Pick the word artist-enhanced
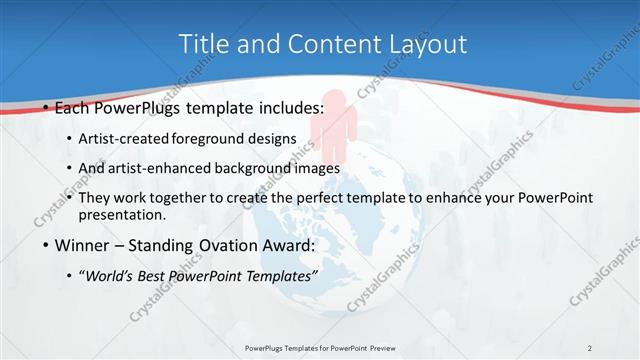[x=162, y=168]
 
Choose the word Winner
[x=84, y=245]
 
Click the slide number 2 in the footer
[x=590, y=348]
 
